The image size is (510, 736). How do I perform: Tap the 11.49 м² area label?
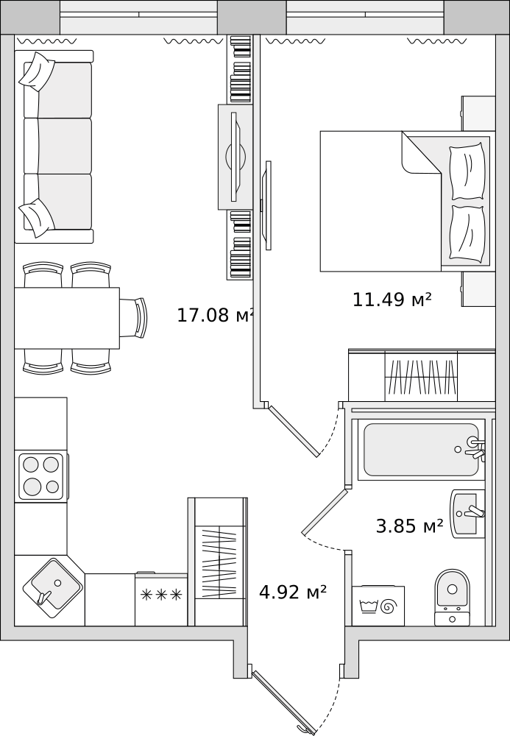[392, 299]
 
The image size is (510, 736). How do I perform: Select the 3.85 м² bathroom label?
[410, 526]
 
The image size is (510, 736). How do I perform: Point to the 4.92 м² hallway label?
[293, 592]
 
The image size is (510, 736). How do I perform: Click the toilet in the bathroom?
[453, 597]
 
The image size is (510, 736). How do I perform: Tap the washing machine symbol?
[378, 606]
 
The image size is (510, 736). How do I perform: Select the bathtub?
[422, 450]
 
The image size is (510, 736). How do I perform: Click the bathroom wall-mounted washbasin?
[468, 514]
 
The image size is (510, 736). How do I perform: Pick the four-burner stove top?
[41, 476]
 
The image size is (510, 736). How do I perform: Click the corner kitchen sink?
[52, 588]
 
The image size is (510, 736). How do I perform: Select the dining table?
[67, 318]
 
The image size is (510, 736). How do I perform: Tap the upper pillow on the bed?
[467, 171]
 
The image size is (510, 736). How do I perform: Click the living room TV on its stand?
[236, 157]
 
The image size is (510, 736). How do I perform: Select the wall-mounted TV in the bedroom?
[267, 205]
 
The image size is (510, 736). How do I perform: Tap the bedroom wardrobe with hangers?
[422, 375]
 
